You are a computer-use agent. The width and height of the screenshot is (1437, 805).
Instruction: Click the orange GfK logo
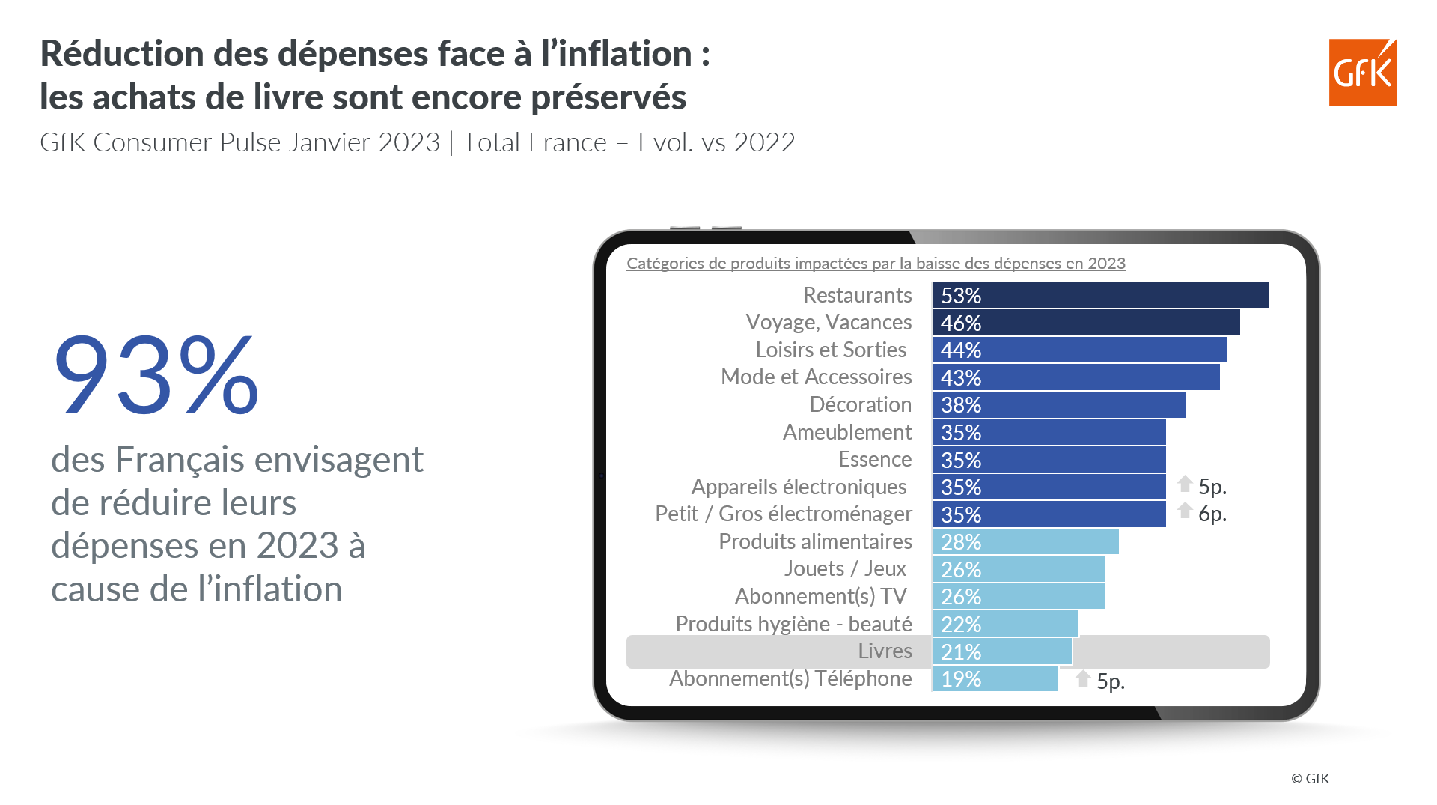(1362, 73)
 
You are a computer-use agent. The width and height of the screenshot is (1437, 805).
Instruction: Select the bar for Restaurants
(1100, 295)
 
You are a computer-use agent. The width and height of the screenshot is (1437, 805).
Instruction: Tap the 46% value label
(961, 323)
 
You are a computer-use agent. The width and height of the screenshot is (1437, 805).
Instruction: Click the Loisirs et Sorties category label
(831, 350)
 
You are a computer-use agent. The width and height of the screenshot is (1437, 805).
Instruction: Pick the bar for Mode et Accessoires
(1076, 377)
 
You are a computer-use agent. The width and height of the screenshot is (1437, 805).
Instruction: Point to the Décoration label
(861, 404)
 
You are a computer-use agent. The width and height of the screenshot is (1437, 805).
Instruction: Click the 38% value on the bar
(961, 405)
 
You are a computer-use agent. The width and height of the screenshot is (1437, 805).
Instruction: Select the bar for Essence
(1049, 460)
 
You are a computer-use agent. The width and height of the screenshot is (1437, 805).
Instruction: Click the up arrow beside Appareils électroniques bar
(1185, 484)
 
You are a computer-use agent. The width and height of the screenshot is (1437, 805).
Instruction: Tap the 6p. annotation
(1212, 514)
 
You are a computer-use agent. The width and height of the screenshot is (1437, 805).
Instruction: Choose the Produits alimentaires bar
(1025, 541)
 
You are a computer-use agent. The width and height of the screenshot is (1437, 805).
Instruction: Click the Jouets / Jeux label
(845, 568)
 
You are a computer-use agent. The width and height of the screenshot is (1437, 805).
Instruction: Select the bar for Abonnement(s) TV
(1019, 596)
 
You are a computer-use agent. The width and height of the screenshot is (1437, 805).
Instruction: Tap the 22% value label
(961, 625)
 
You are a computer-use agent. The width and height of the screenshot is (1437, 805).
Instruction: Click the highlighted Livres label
(885, 651)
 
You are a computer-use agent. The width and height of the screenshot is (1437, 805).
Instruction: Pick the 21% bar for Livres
(1002, 651)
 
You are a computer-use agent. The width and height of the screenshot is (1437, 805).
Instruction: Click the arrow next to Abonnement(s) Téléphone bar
(1083, 678)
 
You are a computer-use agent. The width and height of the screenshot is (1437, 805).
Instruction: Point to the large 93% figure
(156, 374)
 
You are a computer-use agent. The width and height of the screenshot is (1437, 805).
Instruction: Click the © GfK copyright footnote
(1310, 779)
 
